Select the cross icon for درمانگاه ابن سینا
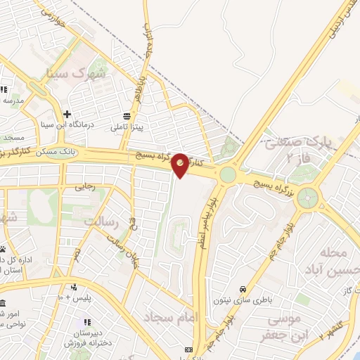click(67, 114)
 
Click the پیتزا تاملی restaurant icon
click(127, 116)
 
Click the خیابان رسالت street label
click(121, 250)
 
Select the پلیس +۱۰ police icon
click(73, 287)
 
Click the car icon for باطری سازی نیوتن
click(243, 290)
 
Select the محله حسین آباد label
click(325, 261)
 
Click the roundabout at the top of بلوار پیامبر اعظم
click(228, 174)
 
